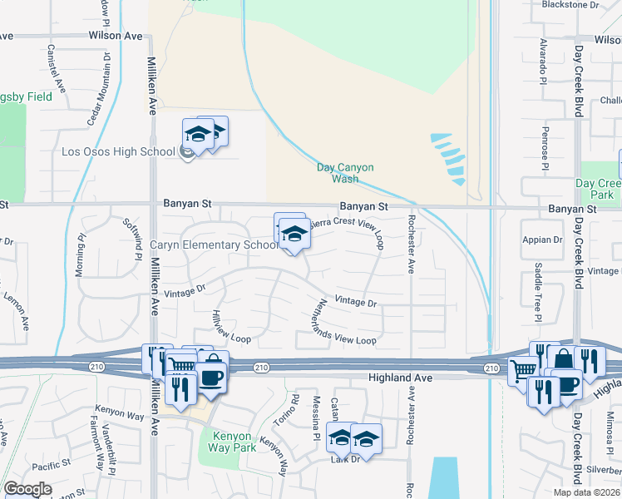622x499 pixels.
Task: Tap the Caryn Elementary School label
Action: pyautogui.click(x=214, y=245)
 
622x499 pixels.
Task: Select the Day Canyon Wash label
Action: pyautogui.click(x=345, y=173)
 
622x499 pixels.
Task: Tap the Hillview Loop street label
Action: pyautogui.click(x=230, y=328)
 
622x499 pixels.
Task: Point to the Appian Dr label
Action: pyautogui.click(x=542, y=240)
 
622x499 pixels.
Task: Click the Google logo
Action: pyautogui.click(x=27, y=489)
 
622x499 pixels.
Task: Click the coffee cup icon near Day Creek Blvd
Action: pyautogui.click(x=566, y=385)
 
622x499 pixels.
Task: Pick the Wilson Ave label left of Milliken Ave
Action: pyautogui.click(x=116, y=37)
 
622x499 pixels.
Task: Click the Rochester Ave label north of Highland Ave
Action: pyautogui.click(x=410, y=245)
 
